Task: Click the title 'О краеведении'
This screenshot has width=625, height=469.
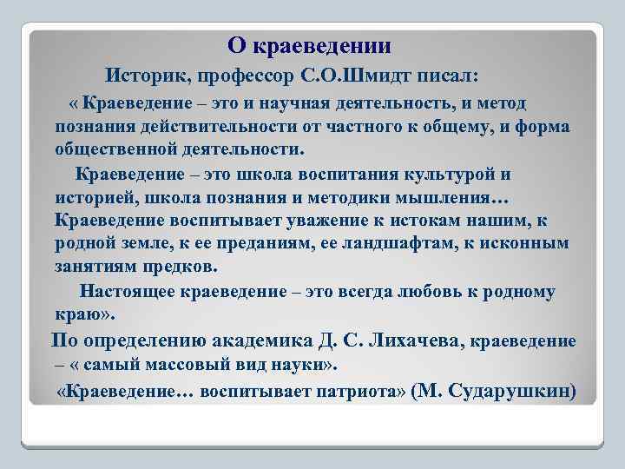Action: tap(310, 45)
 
